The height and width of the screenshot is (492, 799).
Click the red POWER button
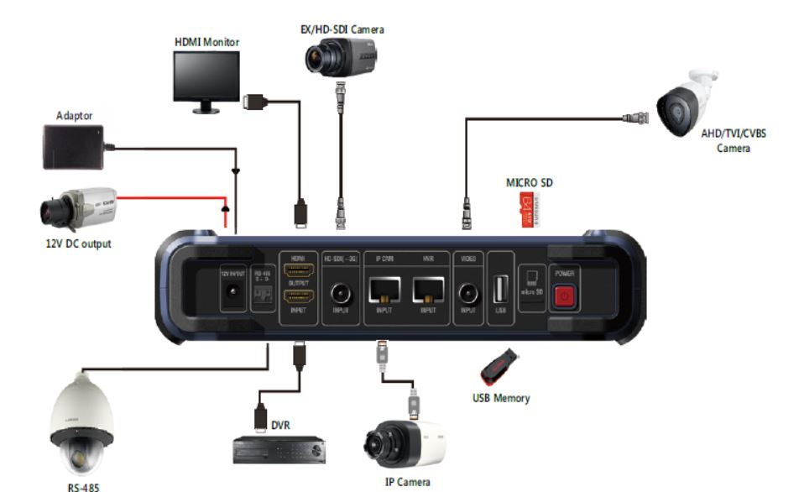click(563, 295)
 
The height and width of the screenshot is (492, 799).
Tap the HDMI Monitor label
click(206, 41)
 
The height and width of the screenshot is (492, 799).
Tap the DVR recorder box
click(278, 450)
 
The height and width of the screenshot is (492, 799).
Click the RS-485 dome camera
click(81, 427)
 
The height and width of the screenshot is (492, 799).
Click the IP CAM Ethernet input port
click(384, 290)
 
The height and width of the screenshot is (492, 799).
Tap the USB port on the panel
click(501, 290)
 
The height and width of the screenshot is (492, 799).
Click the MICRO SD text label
click(529, 182)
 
